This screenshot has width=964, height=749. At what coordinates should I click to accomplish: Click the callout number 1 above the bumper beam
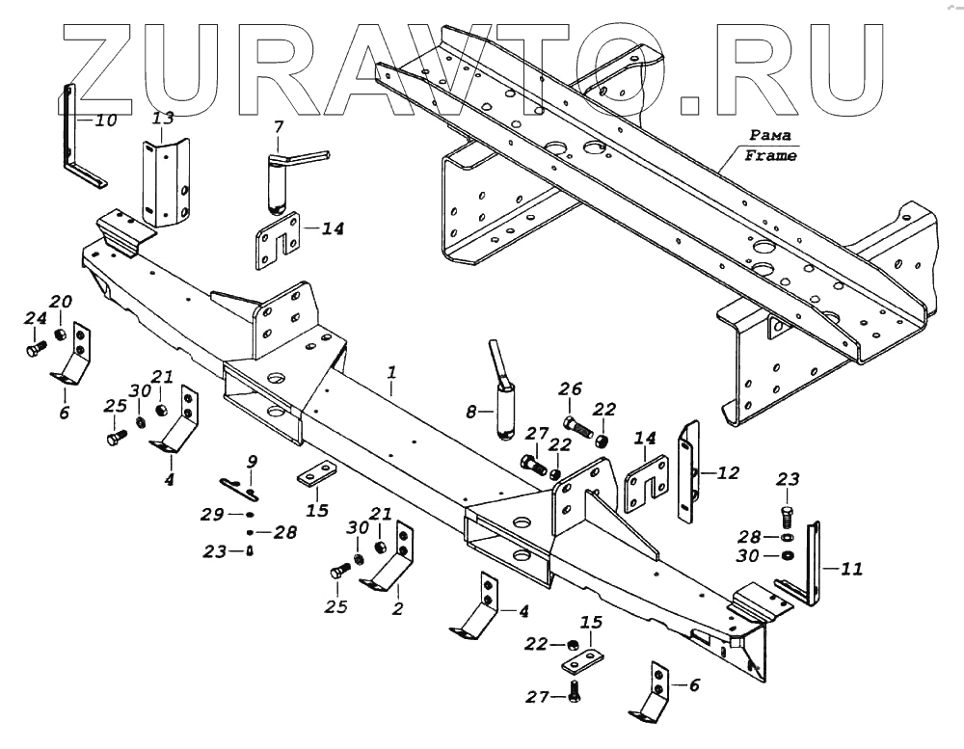click(x=391, y=371)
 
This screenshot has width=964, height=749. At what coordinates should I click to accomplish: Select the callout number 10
click(x=105, y=120)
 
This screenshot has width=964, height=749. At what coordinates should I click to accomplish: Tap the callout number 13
click(x=164, y=119)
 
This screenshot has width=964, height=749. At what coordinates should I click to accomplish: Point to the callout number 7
click(x=278, y=126)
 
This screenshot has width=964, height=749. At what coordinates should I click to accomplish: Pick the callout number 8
click(x=471, y=412)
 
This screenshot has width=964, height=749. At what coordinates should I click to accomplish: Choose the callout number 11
click(x=851, y=569)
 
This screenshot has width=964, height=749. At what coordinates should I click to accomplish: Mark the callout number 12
click(x=729, y=472)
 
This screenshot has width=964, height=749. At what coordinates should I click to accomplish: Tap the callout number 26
click(x=571, y=388)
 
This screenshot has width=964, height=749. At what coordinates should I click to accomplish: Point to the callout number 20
click(x=61, y=301)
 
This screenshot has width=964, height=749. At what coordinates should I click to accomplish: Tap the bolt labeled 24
click(x=37, y=348)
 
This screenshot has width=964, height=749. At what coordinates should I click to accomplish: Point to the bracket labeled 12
click(x=689, y=472)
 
